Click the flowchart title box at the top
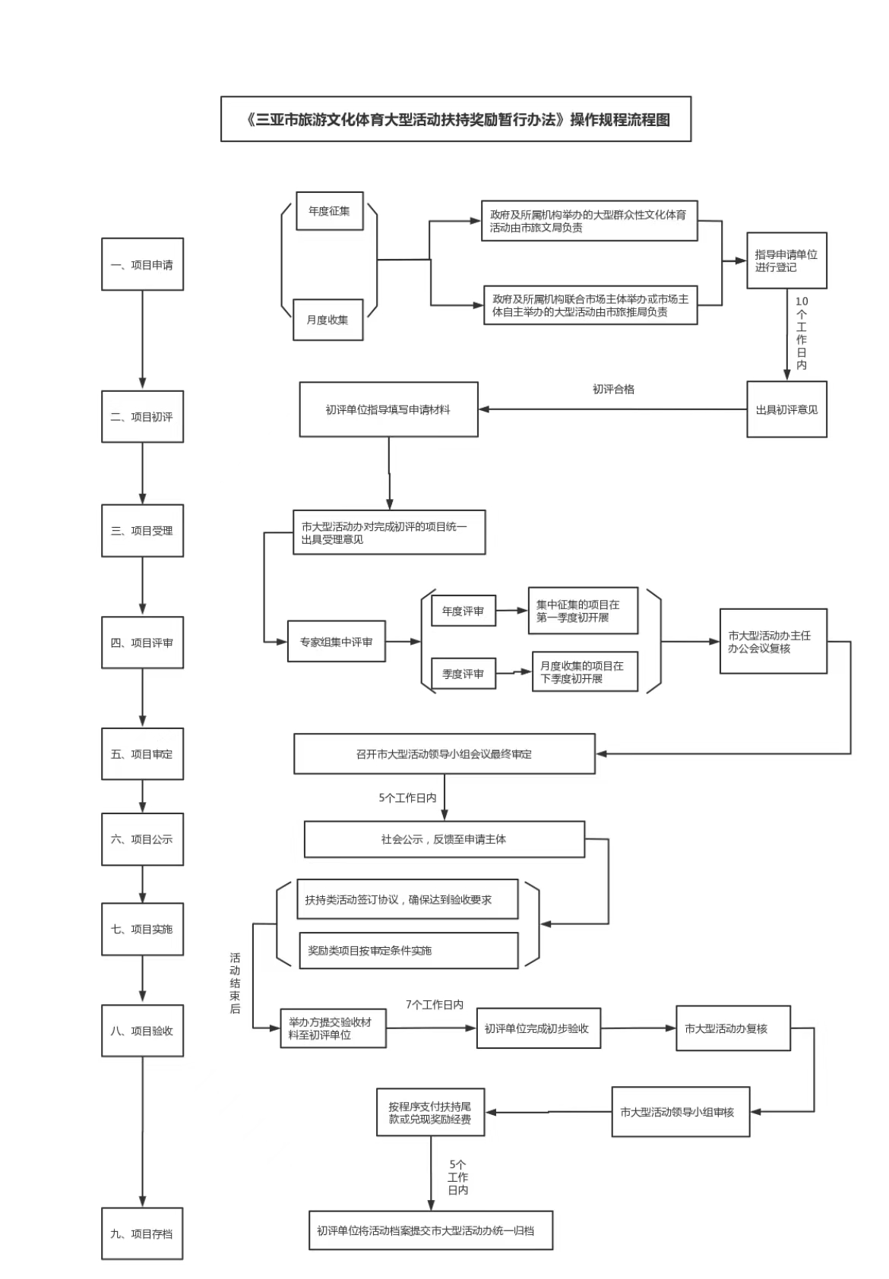[x=456, y=119]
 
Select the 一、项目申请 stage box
[x=142, y=264]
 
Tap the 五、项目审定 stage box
[x=142, y=754]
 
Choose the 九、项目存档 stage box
[x=142, y=1233]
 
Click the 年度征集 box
[x=329, y=211]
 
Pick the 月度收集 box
[x=327, y=320]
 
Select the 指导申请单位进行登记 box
[x=786, y=261]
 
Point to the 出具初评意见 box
[x=786, y=409]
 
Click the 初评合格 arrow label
[x=613, y=389]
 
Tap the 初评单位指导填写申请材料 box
[x=388, y=409]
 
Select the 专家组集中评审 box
[x=336, y=642]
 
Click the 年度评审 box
[x=463, y=611]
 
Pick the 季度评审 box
[x=463, y=674]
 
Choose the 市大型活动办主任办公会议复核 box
[x=773, y=642]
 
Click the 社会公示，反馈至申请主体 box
[x=444, y=839]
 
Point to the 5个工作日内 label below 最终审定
[x=407, y=797]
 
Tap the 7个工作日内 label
[x=434, y=1004]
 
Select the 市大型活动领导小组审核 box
[x=680, y=1112]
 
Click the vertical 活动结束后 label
[x=235, y=983]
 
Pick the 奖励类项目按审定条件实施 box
[x=408, y=950]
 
